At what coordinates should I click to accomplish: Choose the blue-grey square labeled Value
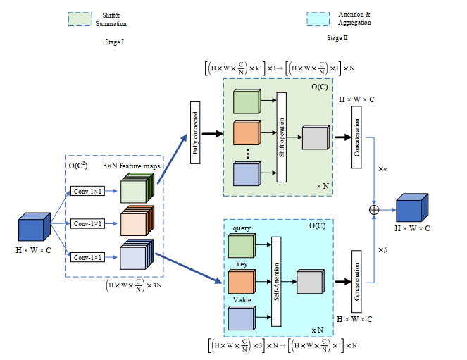click(241, 316)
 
